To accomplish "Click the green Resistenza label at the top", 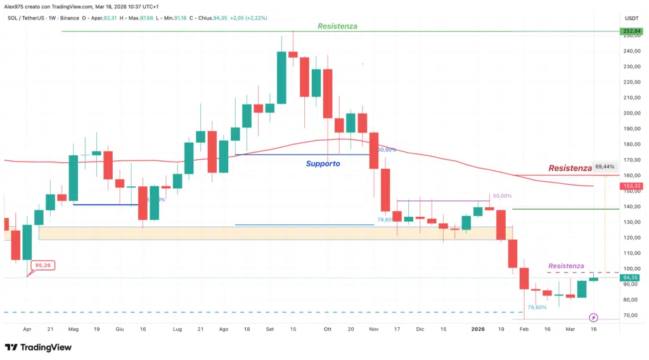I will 337,27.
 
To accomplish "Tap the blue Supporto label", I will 323,164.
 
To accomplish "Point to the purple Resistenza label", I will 566,266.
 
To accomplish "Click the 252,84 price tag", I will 630,31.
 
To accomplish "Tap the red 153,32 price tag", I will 630,186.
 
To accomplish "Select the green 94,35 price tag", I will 630,278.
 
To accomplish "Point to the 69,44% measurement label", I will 604,167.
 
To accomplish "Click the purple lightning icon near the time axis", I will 593,318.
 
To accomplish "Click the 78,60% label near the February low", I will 536,307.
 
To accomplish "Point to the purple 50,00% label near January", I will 501,196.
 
